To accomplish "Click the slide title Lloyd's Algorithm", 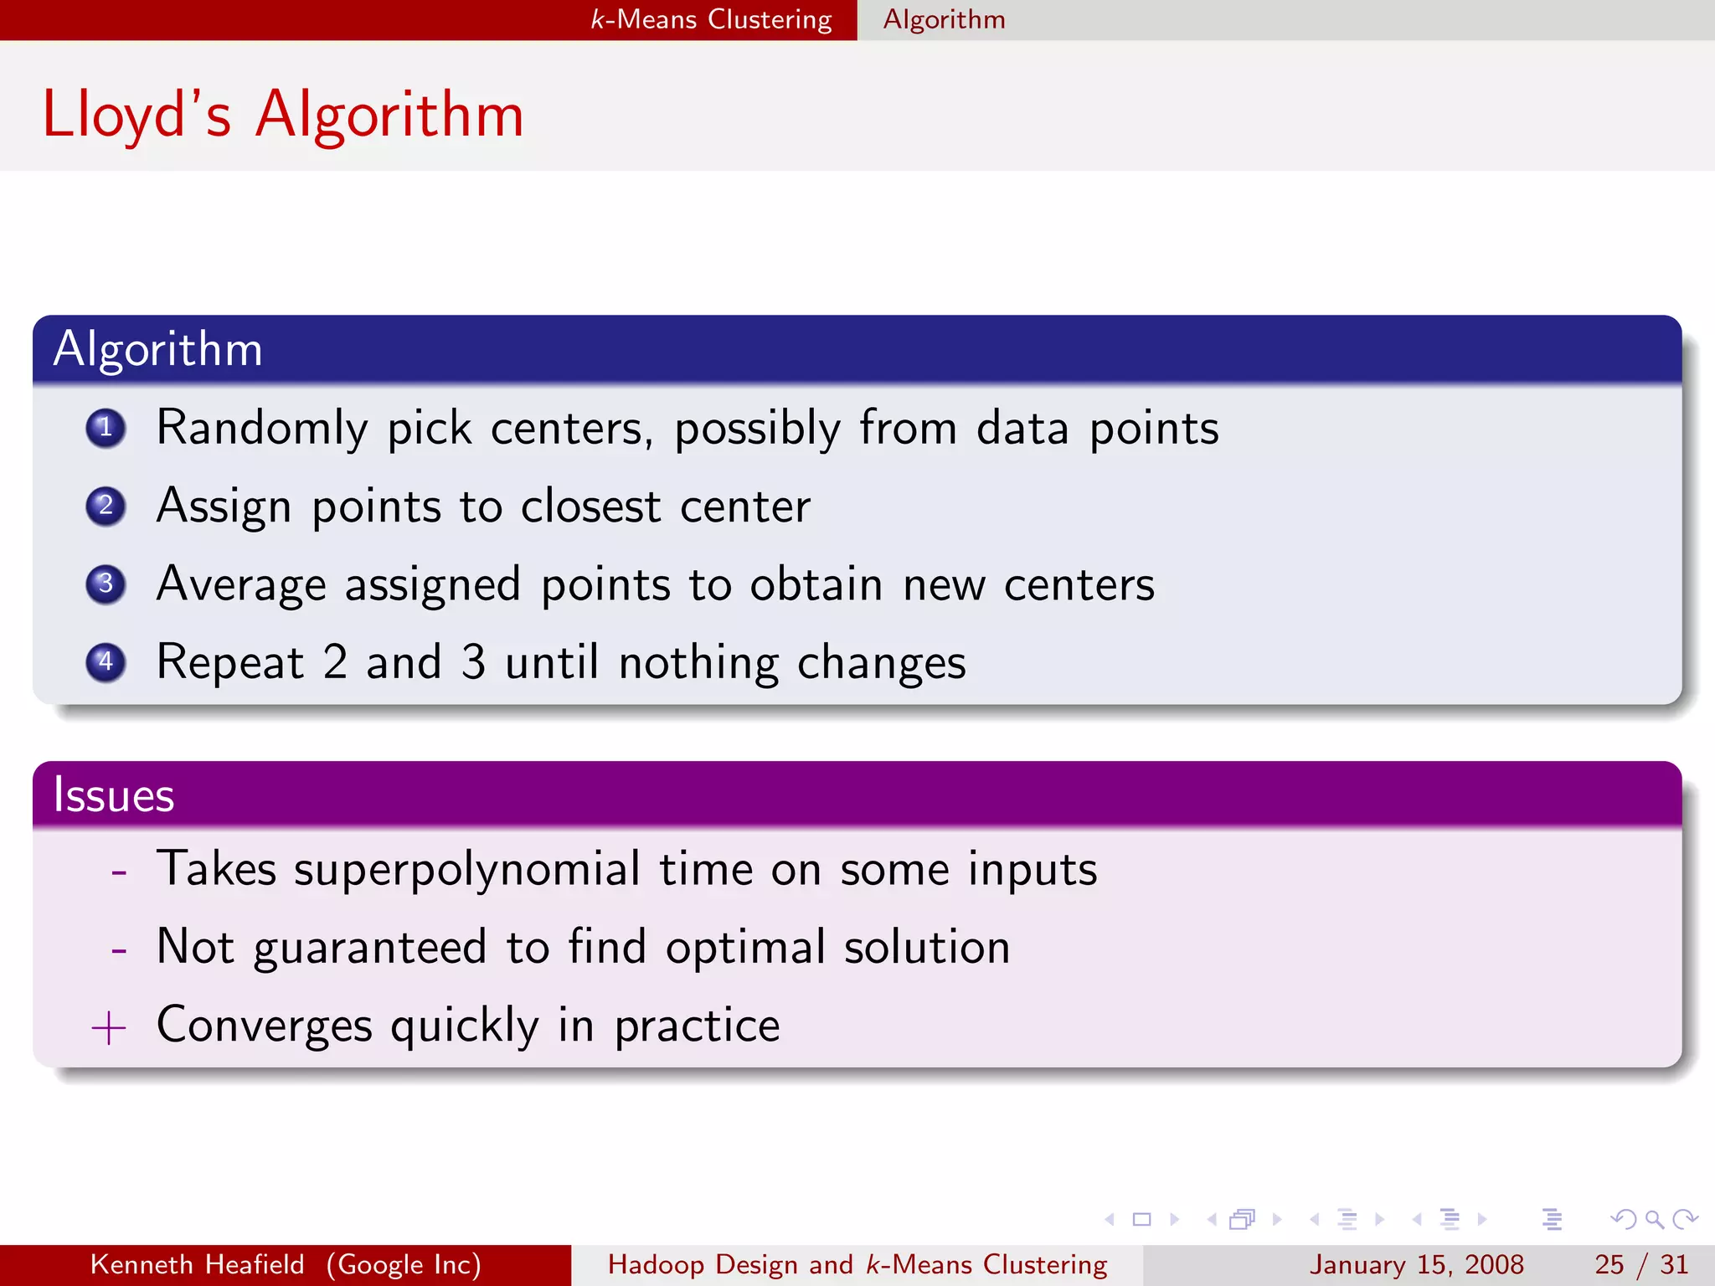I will pos(283,115).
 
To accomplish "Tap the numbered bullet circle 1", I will pos(106,429).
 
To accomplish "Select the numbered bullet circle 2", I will pos(106,506).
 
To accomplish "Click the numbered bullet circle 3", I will pos(106,584).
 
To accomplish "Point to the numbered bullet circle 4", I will pos(106,662).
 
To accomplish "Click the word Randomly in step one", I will pos(261,429).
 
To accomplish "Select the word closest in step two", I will pos(590,507).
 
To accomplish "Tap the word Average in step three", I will pos(241,584).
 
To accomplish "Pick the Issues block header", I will pos(114,795).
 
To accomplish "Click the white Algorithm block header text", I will pos(157,349).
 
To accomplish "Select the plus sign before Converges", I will pos(109,1027).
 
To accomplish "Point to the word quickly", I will pos(465,1026).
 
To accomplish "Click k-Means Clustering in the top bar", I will pos(711,19).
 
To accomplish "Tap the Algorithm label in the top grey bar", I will pos(944,19).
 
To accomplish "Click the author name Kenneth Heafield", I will pos(197,1264).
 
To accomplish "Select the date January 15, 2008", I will pos(1416,1264).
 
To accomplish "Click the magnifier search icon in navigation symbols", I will pos(1653,1219).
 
